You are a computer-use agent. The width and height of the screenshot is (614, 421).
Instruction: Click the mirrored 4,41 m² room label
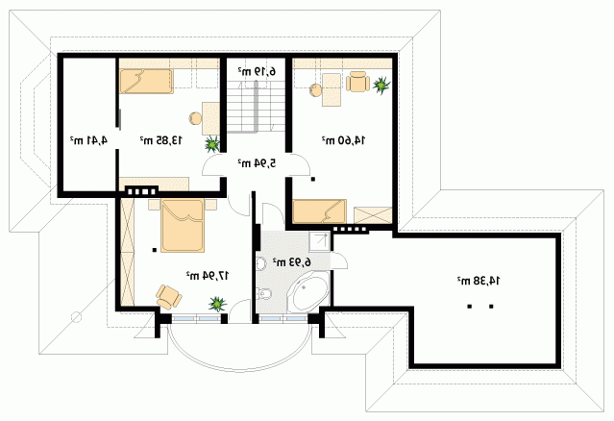tap(88, 139)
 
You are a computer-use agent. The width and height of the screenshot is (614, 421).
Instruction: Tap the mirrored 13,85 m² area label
tap(161, 139)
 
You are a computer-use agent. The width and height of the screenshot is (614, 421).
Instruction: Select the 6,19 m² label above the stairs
tap(257, 71)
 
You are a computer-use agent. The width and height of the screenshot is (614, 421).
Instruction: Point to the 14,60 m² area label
tap(343, 139)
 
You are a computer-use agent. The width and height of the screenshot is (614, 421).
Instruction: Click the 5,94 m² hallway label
tap(257, 162)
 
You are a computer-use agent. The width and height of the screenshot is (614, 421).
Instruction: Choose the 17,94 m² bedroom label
tap(208, 276)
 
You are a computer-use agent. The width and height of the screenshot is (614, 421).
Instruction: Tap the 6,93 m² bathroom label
tap(291, 262)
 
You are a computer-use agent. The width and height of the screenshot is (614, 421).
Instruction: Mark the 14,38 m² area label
tap(479, 281)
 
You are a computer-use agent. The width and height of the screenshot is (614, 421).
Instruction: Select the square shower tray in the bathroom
tap(320, 241)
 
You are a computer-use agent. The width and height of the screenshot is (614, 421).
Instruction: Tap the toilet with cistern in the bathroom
tap(264, 293)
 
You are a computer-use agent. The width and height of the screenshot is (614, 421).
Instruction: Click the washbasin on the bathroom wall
tap(260, 263)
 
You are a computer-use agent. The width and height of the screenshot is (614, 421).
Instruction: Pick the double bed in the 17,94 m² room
tap(183, 225)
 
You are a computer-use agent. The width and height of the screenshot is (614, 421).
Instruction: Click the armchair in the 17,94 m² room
tap(169, 296)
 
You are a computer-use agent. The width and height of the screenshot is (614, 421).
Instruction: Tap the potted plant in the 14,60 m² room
tap(381, 85)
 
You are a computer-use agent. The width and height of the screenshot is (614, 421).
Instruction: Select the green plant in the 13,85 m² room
tap(212, 144)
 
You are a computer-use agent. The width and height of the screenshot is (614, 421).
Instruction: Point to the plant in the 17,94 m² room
tap(218, 304)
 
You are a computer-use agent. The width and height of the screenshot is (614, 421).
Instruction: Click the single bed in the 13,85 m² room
tap(146, 82)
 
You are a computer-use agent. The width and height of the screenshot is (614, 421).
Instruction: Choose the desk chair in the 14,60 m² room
tap(357, 82)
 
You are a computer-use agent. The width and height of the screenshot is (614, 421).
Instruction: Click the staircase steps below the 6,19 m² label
tap(256, 107)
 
